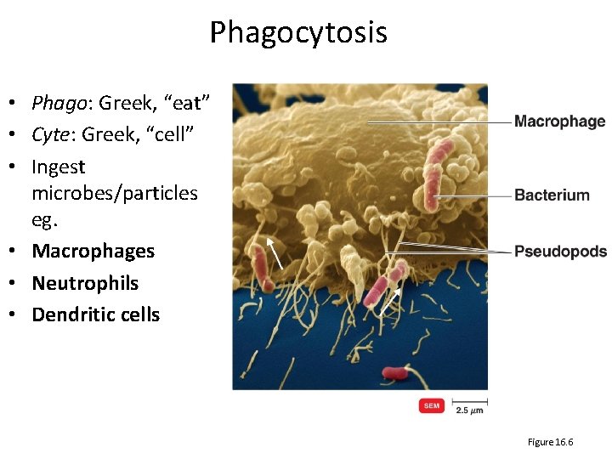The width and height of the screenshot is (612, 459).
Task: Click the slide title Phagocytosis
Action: pyautogui.click(x=298, y=33)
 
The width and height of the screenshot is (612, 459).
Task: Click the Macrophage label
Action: pyautogui.click(x=559, y=122)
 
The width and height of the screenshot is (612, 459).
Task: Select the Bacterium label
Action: pyautogui.click(x=552, y=195)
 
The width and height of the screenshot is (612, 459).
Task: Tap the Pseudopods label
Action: pyautogui.click(x=560, y=251)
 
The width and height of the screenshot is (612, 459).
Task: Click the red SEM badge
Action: pyautogui.click(x=432, y=406)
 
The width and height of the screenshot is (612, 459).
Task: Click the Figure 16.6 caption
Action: pyautogui.click(x=551, y=442)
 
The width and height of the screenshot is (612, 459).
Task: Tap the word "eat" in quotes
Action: pyautogui.click(x=185, y=104)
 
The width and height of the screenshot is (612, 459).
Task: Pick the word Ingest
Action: pyautogui.click(x=59, y=167)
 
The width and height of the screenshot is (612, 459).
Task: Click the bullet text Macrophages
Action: pyautogui.click(x=93, y=251)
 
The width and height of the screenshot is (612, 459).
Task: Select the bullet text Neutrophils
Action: pyautogui.click(x=85, y=282)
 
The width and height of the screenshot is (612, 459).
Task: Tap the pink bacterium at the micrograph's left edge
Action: pyautogui.click(x=258, y=267)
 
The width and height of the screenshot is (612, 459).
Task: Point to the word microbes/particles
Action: pyautogui.click(x=115, y=193)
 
